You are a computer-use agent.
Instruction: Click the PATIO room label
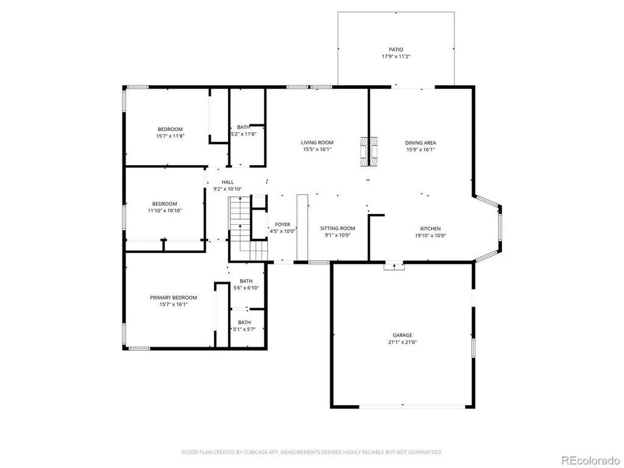point(396,50)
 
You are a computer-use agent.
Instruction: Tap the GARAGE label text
point(402,335)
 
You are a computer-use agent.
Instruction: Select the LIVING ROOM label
point(317,143)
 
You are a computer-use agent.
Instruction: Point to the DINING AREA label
point(420,143)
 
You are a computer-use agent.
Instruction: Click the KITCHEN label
point(431,229)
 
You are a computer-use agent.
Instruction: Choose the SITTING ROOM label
point(338,229)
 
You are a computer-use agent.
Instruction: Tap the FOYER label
point(283,224)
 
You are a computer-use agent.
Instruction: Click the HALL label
point(228,182)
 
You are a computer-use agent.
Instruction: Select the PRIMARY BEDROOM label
point(174,297)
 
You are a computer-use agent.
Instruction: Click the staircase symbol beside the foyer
point(247,229)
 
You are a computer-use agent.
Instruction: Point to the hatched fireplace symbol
point(369,152)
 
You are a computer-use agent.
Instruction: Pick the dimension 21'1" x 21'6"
point(402,342)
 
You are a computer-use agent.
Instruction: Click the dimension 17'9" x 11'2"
point(396,57)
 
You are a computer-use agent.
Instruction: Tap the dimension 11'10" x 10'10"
point(165,210)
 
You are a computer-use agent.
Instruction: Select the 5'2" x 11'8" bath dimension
point(244,134)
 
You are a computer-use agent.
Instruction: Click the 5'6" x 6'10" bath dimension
point(246,288)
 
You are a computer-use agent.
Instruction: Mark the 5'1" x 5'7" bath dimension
point(244,329)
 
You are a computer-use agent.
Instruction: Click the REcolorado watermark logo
point(590,460)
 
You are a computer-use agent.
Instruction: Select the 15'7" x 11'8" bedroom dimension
point(171,136)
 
